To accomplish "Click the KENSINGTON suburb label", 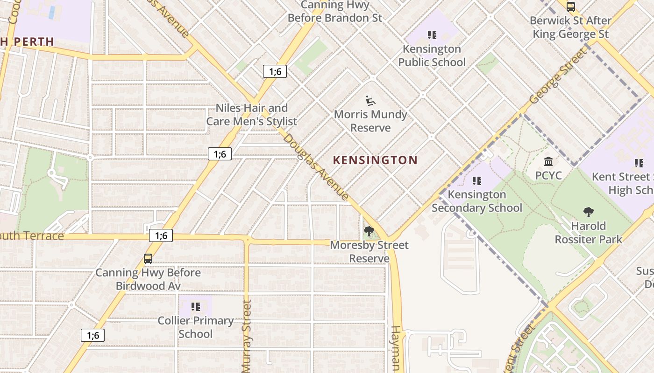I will point(375,160).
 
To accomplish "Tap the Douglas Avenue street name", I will point(316,167).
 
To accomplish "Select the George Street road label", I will point(558,76).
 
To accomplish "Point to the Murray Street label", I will point(247,336).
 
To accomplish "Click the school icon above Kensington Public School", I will point(432,35).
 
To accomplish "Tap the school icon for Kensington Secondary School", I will point(476,180).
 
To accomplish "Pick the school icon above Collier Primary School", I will point(196,307).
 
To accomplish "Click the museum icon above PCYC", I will point(548,162).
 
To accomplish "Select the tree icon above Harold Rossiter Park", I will point(589,212).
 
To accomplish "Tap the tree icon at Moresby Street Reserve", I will point(369,231).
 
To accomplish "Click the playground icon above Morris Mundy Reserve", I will point(370,100).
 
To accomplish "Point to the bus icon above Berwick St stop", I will point(570,7).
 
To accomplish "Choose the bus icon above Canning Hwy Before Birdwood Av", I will point(148,258).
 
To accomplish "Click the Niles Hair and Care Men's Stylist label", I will point(252,115).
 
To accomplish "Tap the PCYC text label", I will point(548,176).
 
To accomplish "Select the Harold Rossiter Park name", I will point(588,233).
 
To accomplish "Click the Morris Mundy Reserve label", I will point(370,121).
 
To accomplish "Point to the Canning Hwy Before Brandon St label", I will point(334,12).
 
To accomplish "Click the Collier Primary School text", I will point(196,327).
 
